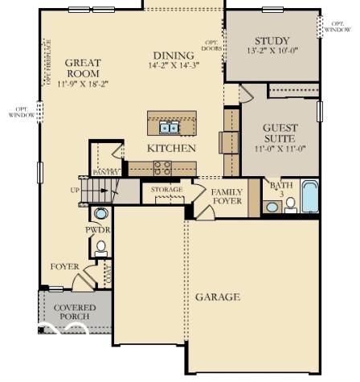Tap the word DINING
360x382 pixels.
pos(168,55)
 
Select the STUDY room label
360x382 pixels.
pos(272,41)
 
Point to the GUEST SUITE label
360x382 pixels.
pos(280,133)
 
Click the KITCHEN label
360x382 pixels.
pos(171,149)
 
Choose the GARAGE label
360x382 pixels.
pos(218,297)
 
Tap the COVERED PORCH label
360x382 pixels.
pos(75,312)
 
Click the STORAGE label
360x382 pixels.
pos(167,190)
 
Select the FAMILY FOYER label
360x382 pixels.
pos(227,196)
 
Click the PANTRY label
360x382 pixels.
pos(105,172)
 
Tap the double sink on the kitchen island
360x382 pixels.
pos(169,126)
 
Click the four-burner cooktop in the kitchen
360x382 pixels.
pos(163,167)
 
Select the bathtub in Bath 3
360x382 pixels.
pos(309,195)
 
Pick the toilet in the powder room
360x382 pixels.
pos(100,248)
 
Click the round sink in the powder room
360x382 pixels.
pos(101,214)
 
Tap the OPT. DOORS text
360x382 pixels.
pos(212,45)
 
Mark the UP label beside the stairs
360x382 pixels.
pos(76,191)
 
